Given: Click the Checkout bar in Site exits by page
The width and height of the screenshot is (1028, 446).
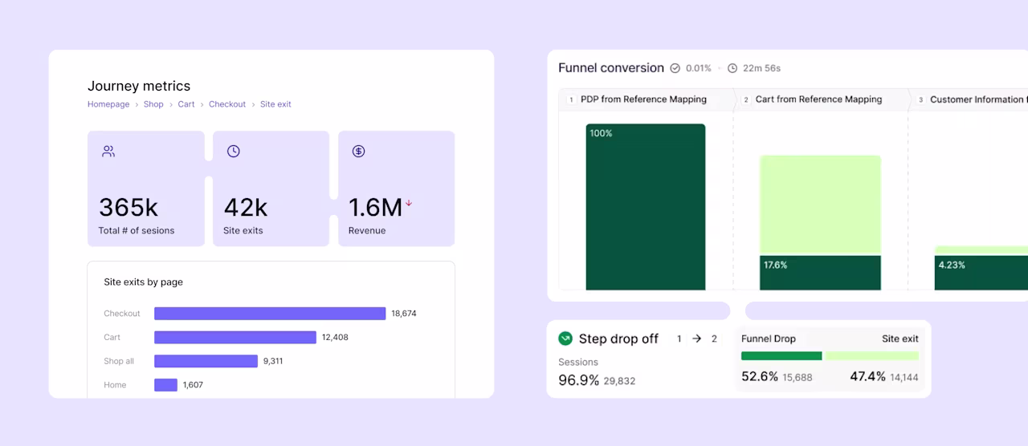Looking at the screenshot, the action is (270, 314).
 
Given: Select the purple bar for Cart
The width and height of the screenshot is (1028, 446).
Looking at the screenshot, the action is (235, 338).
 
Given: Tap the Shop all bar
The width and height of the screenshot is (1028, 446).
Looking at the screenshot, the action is (206, 361).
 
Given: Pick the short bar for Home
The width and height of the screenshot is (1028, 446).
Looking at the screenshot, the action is (165, 385).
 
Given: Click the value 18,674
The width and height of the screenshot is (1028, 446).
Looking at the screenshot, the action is (404, 314).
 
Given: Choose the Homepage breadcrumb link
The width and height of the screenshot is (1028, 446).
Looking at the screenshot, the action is (108, 104).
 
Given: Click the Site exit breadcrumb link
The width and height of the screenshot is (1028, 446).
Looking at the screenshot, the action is (275, 104).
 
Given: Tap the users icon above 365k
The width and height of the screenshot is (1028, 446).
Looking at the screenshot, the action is (108, 152).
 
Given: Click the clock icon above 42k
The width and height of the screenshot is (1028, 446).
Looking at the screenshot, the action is (233, 152).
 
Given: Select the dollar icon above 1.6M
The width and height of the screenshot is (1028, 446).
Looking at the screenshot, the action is (358, 152).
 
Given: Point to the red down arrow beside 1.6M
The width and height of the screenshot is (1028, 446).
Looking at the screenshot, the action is (409, 203).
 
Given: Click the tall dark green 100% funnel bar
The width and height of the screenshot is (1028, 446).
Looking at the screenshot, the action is (645, 207).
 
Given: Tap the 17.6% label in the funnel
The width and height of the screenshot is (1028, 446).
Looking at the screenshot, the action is (775, 265).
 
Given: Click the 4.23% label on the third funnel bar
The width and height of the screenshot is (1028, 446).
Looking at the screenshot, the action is (952, 265).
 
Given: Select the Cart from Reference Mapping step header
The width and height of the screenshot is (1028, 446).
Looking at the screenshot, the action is (818, 99).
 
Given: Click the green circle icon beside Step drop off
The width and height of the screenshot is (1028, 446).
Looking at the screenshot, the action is (565, 339).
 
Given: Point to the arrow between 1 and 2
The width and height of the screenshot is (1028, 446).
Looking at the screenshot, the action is (696, 339).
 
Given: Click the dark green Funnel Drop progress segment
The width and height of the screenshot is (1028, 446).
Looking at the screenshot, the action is (781, 355).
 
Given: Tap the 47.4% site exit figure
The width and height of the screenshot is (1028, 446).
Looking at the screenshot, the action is (867, 376).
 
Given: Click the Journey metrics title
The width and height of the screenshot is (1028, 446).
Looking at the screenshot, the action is (139, 86).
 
